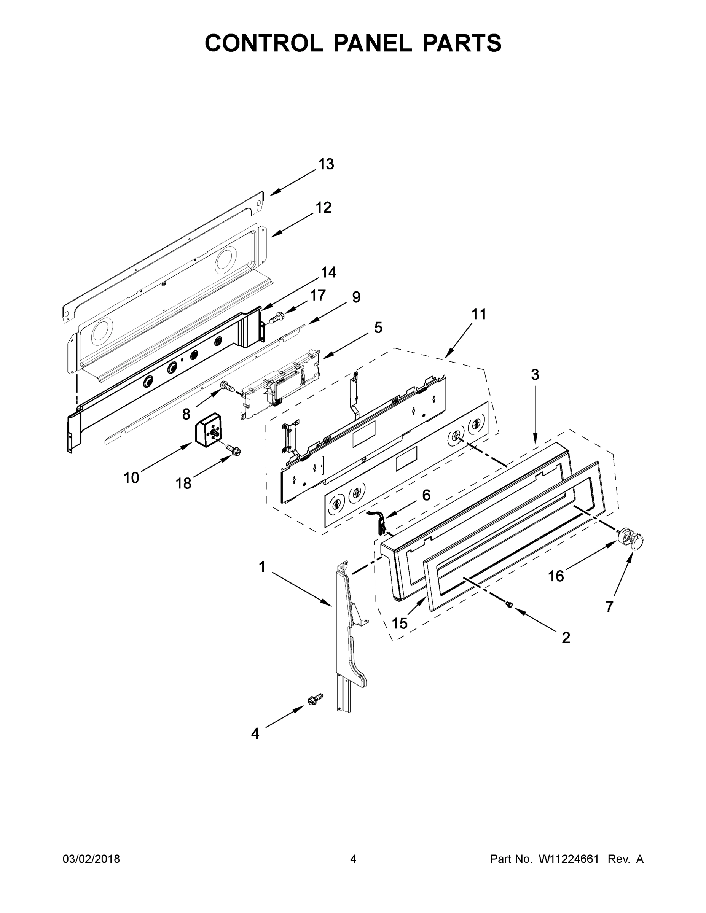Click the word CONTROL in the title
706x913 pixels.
263,43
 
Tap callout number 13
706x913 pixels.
326,164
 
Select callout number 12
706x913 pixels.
323,207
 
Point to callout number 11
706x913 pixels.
479,314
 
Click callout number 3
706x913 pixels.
535,375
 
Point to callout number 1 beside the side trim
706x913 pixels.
262,567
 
